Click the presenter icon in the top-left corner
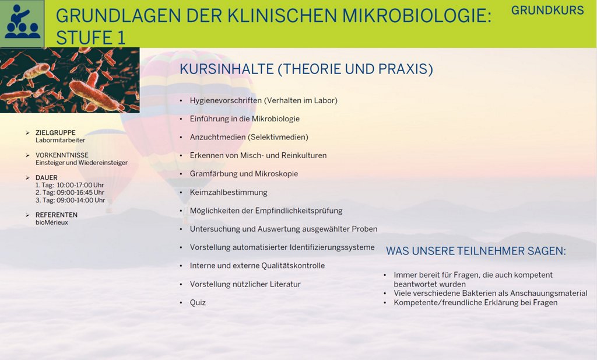pyautogui.click(x=22, y=23)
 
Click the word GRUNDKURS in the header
pyautogui.click(x=547, y=11)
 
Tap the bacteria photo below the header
pyautogui.click(x=70, y=80)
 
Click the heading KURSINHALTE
pyautogui.click(x=227, y=69)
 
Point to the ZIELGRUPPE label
pyautogui.click(x=55, y=132)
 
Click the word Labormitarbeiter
pyautogui.click(x=61, y=140)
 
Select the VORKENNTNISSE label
pyautogui.click(x=62, y=155)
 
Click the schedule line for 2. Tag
pyautogui.click(x=70, y=193)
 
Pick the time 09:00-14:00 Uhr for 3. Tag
pyautogui.click(x=80, y=200)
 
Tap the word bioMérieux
pyautogui.click(x=52, y=222)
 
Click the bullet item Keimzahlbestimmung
pyautogui.click(x=229, y=193)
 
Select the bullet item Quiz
pyautogui.click(x=198, y=302)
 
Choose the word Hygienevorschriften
pyautogui.click(x=226, y=100)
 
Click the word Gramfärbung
pyautogui.click(x=216, y=174)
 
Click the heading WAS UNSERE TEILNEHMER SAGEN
pyautogui.click(x=476, y=251)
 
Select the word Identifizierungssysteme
pyautogui.click(x=332, y=247)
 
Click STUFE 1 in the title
pyautogui.click(x=90, y=38)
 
